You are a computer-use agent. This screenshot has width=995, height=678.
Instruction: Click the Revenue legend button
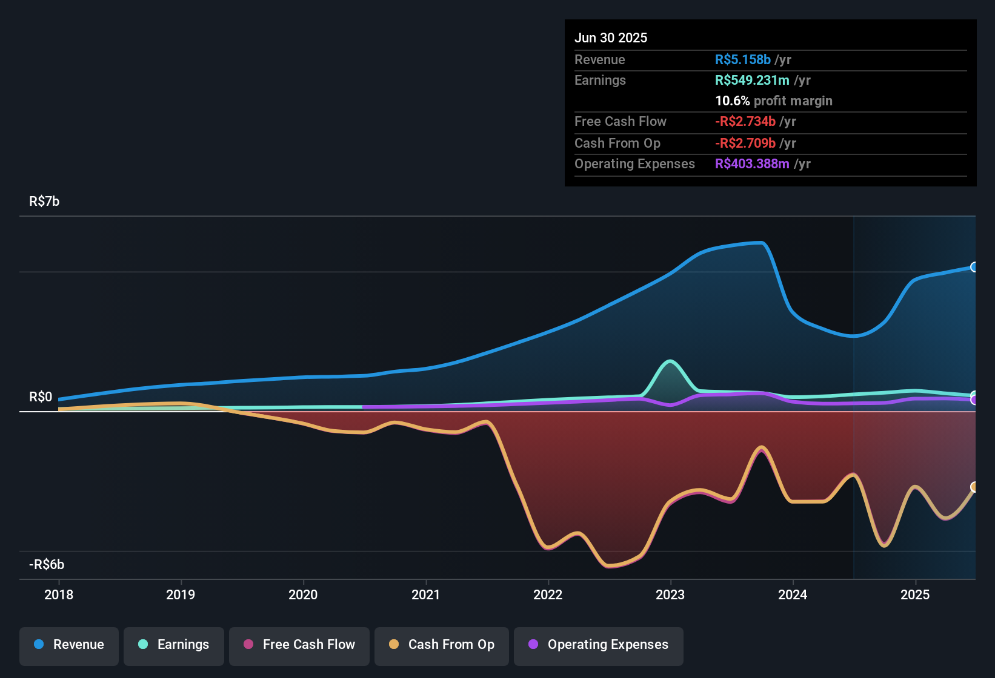[69, 645]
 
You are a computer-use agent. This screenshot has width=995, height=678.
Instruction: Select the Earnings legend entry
[174, 645]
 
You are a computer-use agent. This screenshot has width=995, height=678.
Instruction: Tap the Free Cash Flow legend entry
[299, 645]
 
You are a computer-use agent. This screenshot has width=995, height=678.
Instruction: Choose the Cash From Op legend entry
[442, 645]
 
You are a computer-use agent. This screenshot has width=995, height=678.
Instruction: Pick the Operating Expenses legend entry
[599, 645]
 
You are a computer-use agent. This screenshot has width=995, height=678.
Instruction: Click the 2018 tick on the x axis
[59, 594]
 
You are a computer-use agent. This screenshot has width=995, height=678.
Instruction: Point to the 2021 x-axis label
[425, 594]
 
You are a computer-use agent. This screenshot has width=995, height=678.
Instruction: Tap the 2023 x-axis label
[670, 594]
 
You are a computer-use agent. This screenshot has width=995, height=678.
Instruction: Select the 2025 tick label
[914, 594]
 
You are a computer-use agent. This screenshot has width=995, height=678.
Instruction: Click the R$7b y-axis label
[44, 202]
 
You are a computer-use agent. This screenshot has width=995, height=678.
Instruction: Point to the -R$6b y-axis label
[47, 565]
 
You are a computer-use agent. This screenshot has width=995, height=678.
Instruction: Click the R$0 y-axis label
[41, 397]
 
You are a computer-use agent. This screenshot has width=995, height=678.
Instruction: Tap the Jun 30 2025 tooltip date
[611, 38]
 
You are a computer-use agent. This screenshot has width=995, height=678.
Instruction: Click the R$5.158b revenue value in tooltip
[743, 60]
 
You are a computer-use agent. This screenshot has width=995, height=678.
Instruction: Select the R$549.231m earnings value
[752, 81]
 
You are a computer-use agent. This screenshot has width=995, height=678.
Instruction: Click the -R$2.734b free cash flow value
[745, 122]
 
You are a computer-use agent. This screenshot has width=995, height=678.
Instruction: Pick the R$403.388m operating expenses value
[752, 164]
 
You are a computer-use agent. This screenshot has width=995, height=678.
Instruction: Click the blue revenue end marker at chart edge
[974, 267]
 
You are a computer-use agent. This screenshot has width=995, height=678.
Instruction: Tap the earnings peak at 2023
[670, 361]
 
